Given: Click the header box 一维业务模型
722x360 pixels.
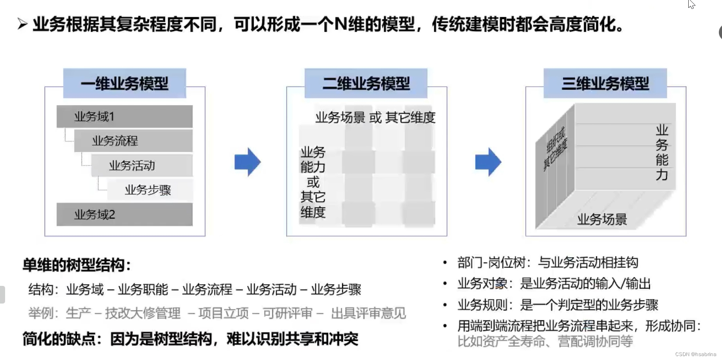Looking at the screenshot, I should tap(124, 84).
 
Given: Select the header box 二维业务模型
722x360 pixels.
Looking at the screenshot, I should tap(366, 84).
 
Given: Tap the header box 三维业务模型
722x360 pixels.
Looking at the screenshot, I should tap(605, 84).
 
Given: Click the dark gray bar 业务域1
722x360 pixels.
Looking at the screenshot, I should tap(124, 116).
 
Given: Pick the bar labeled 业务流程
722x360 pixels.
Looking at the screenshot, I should tap(133, 141).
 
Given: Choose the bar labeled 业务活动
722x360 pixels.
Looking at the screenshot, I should tap(141, 165).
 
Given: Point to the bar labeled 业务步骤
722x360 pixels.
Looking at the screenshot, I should tap(150, 190).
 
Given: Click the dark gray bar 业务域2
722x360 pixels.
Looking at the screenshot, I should tap(124, 215).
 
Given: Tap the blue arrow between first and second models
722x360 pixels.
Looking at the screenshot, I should tap(247, 162).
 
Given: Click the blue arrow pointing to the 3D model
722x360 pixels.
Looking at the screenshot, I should tap(488, 162).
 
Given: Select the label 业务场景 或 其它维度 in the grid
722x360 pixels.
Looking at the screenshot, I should tap(375, 117).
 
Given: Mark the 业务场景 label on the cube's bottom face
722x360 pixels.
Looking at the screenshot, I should tap(602, 219).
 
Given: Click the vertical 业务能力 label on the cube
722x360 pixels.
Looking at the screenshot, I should tap(662, 152).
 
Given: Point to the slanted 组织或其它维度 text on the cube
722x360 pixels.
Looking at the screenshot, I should tap(555, 149).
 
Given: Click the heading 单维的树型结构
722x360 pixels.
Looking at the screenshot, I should tap(76, 265).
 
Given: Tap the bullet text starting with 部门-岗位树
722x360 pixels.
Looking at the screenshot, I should tap(548, 262).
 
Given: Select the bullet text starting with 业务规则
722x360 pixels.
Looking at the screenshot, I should tap(557, 305).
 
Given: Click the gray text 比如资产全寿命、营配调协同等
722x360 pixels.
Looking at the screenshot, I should tap(545, 341).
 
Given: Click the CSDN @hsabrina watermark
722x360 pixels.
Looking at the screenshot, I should tap(695, 354).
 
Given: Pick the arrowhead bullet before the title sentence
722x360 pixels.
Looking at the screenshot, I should tap(22, 25).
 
